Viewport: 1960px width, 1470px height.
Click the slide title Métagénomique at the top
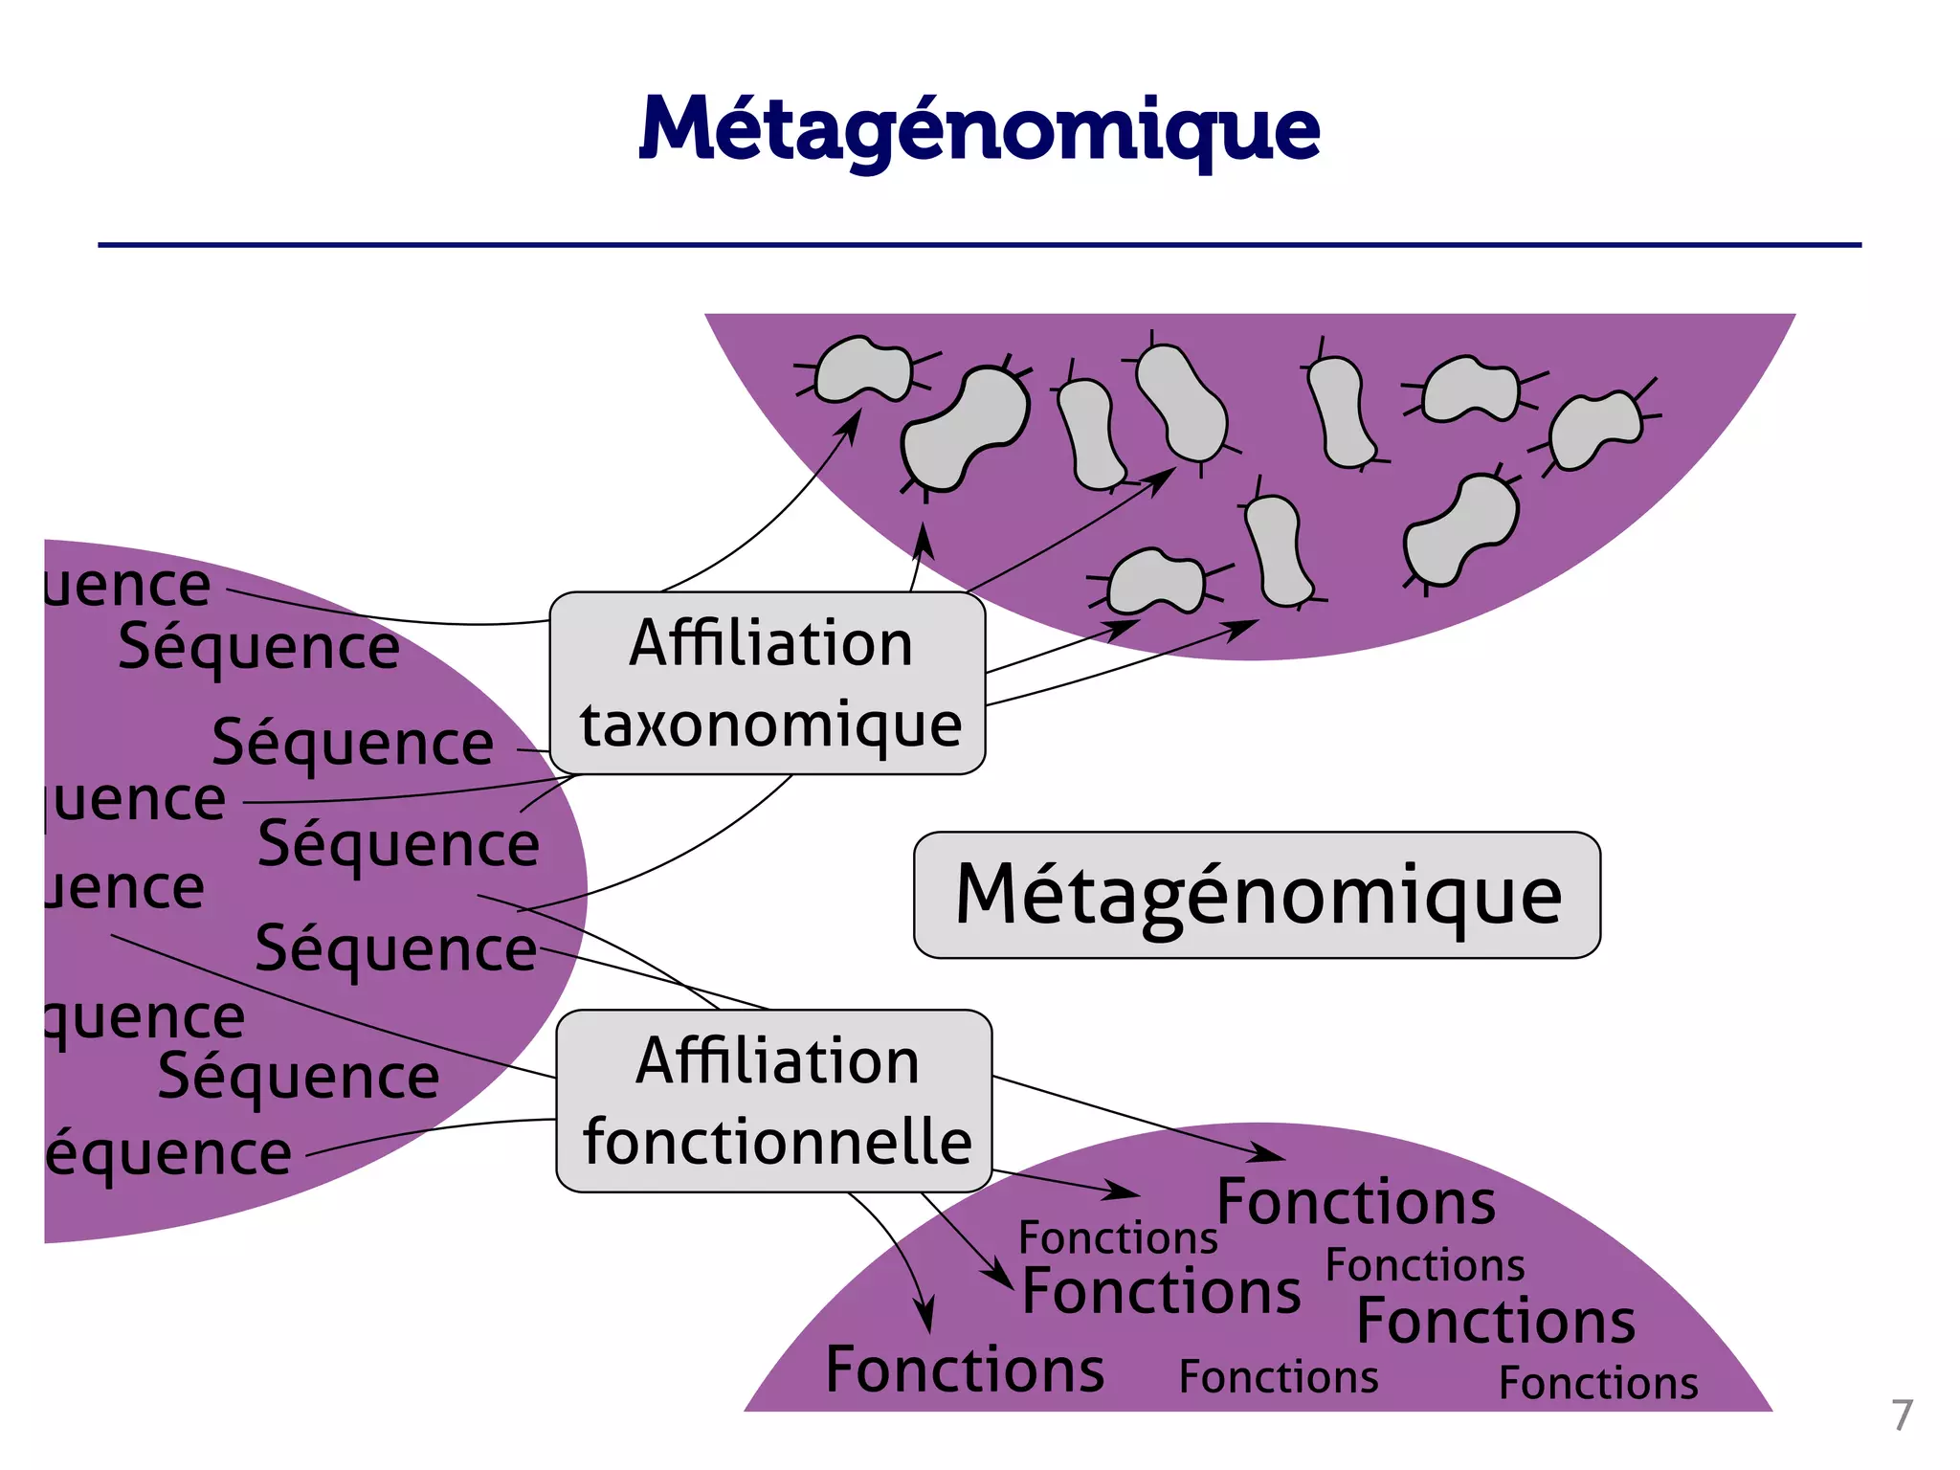coord(979,129)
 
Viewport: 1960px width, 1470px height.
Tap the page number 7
coord(1902,1414)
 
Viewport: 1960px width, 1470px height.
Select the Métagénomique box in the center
coord(1257,895)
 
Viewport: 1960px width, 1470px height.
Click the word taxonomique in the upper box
coord(770,724)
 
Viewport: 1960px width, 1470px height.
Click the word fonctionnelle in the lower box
coord(776,1143)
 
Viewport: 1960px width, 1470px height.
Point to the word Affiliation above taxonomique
coord(770,643)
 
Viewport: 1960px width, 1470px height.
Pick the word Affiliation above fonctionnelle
coord(776,1061)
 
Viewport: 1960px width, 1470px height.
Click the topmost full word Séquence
coord(258,648)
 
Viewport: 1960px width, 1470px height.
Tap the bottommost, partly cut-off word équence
coord(169,1154)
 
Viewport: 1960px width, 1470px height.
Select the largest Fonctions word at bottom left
coord(965,1370)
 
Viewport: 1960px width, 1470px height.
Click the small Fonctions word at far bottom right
coord(1598,1384)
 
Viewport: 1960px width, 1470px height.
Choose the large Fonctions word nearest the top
coord(1356,1202)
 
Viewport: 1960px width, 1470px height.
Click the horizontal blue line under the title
coord(979,245)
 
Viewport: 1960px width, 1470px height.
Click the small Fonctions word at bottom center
coord(1279,1378)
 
